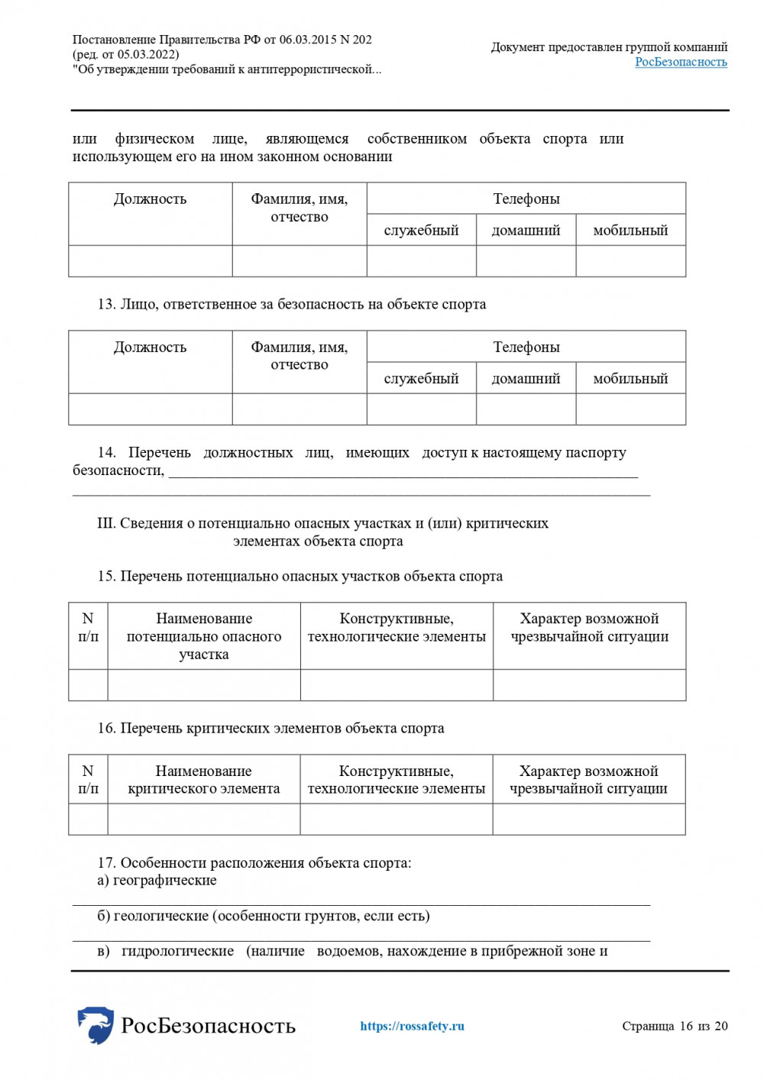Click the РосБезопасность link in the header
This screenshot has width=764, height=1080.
point(681,62)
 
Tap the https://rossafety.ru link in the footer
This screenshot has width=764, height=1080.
point(412,1026)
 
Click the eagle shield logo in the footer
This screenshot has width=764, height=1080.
point(95,1025)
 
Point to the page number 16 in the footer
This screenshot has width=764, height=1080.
point(685,1026)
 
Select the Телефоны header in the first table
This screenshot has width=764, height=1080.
point(526,199)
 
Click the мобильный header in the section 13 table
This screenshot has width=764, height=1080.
point(630,378)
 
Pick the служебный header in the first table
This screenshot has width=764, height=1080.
point(421,230)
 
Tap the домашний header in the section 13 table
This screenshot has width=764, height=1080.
point(526,378)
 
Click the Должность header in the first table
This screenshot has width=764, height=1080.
point(150,199)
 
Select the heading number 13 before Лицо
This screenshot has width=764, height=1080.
point(105,304)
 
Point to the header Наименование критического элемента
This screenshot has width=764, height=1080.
point(203,780)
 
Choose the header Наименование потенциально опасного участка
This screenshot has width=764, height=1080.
point(203,636)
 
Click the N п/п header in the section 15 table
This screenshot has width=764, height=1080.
point(88,627)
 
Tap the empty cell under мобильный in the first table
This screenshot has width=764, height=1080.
point(630,261)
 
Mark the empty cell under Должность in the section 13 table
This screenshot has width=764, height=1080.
point(150,409)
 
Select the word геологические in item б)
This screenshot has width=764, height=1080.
point(160,916)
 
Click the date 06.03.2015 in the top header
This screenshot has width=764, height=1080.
point(307,40)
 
